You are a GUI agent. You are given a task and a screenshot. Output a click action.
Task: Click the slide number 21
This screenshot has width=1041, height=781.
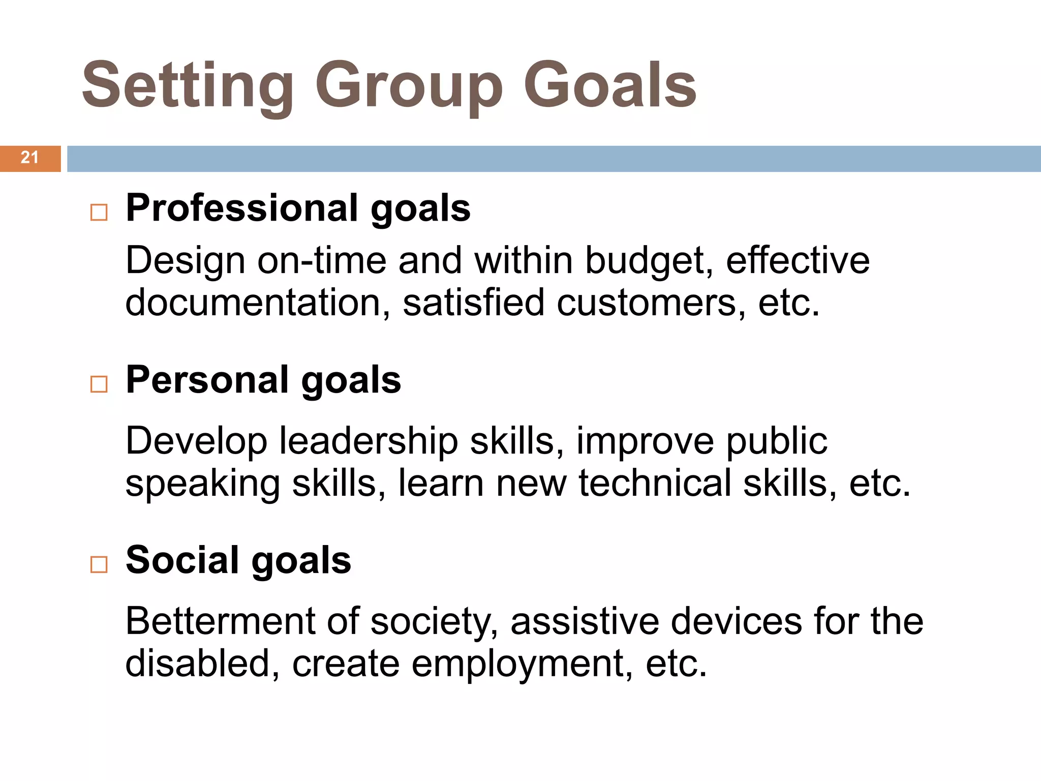coord(29,158)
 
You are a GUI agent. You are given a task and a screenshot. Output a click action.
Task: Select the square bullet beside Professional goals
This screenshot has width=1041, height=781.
coord(99,212)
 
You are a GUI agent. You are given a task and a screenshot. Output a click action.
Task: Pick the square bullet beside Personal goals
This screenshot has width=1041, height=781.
coord(99,384)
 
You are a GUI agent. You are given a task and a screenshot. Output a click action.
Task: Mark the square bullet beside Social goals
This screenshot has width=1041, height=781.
coord(99,564)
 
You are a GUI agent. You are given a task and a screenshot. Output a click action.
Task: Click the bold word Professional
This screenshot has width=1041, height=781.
coord(242,208)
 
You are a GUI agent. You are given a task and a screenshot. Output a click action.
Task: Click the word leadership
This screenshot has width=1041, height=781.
coord(368,441)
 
